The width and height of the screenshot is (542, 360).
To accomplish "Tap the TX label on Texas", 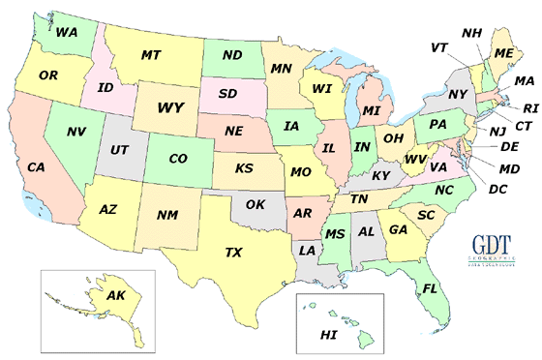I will pyautogui.click(x=233, y=253).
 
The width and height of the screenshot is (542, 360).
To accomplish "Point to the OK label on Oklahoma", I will pyautogui.click(x=254, y=204).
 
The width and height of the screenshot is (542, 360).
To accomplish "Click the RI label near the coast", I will pyautogui.click(x=528, y=109).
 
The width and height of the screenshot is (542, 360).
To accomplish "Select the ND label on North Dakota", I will pyautogui.click(x=231, y=55).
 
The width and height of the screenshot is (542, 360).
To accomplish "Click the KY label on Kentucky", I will pyautogui.click(x=381, y=175).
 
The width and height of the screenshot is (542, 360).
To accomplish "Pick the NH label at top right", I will pyautogui.click(x=471, y=33).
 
